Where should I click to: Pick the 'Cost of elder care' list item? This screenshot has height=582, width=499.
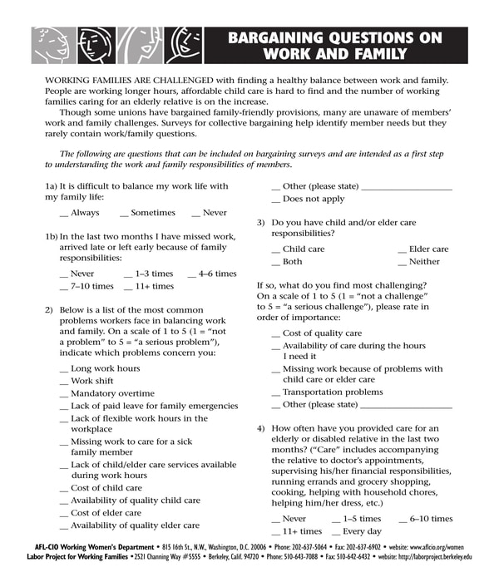tap(106, 513)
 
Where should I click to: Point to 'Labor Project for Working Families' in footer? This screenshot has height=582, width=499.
tap(82, 557)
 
